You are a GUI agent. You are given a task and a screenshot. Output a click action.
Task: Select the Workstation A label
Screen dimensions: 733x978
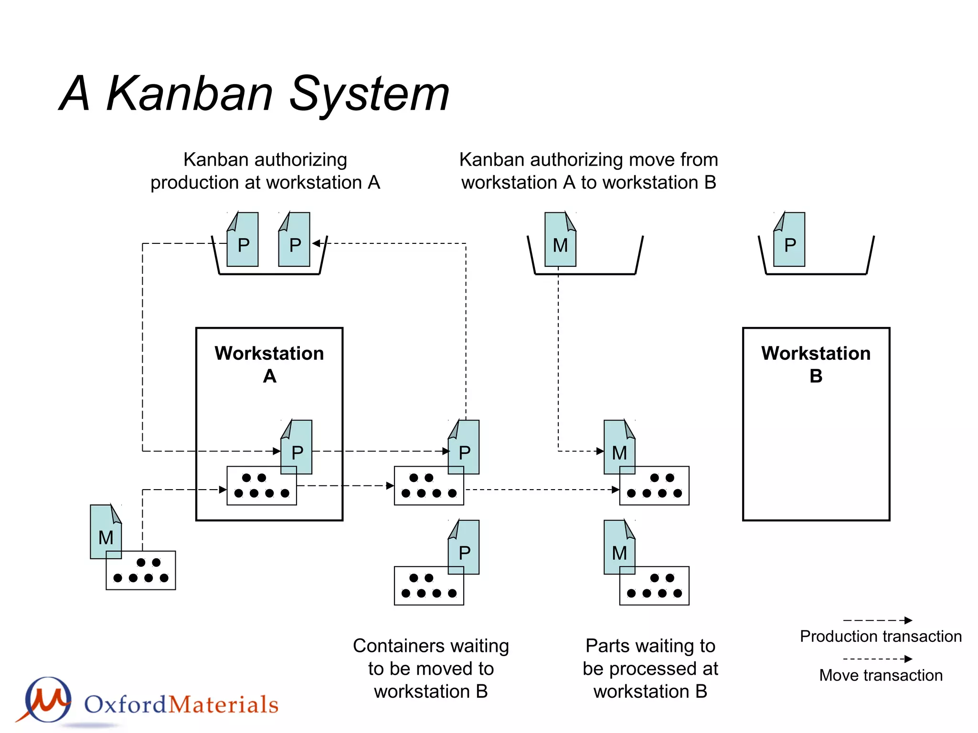[269, 364]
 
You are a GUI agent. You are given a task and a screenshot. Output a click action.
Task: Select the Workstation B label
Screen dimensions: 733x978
[816, 364]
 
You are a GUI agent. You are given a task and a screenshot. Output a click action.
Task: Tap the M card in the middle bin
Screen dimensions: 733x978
[560, 240]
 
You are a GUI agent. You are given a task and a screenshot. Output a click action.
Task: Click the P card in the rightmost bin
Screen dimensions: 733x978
[789, 240]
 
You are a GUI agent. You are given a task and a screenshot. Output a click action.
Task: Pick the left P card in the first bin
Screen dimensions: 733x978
[243, 240]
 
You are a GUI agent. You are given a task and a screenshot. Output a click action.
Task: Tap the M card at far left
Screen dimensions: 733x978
[106, 531]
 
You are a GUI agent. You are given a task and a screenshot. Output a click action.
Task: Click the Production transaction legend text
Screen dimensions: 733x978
[881, 636]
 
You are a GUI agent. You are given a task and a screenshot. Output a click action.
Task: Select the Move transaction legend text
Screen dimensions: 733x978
[881, 675]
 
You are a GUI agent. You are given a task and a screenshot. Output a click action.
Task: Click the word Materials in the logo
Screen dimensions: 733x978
[223, 705]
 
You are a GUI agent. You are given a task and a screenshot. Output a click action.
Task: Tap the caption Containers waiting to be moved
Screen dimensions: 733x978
[431, 668]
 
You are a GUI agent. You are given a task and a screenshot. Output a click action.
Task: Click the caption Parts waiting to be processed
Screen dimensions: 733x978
[650, 668]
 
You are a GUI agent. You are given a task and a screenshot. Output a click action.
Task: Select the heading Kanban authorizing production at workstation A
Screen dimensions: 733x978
[265, 171]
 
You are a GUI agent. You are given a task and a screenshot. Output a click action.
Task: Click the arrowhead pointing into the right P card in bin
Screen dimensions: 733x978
[316, 243]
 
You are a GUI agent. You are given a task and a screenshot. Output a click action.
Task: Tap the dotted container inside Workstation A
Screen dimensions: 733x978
[261, 486]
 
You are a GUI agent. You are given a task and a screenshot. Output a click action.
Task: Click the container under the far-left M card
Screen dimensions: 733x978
[140, 571]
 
